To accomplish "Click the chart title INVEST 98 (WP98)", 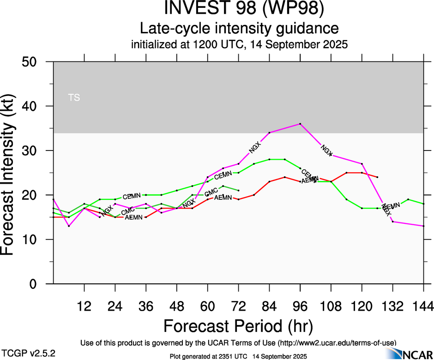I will (x=239, y=9).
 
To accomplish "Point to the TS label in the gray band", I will (x=74, y=97).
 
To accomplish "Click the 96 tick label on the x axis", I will (x=300, y=306).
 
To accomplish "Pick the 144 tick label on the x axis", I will (x=423, y=306).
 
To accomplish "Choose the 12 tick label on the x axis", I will (x=84, y=306).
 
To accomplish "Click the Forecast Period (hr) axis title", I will (x=238, y=326).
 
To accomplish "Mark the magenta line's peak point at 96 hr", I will (x=300, y=124).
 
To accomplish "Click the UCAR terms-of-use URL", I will (x=337, y=342).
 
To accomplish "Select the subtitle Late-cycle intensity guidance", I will (x=239, y=29).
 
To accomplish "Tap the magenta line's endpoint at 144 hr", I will (x=423, y=226).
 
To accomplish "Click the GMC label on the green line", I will (x=211, y=192).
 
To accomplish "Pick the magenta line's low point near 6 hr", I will (x=69, y=226).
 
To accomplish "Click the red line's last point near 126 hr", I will (x=377, y=177).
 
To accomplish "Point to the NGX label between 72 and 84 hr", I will (x=255, y=147).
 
